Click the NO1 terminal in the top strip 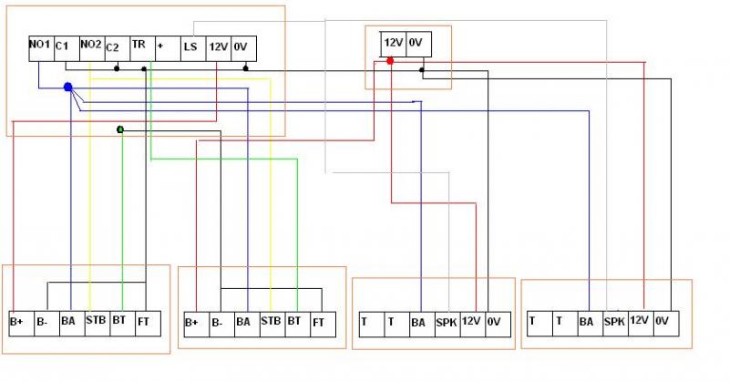39,46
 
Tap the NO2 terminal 90,46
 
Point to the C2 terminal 114,46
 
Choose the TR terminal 139,46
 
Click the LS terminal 190,46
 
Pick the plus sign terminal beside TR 162,46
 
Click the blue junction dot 67,88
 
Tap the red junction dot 390,61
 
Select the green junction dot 120,129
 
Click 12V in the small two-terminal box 393,43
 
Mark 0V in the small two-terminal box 415,43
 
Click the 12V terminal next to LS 219,46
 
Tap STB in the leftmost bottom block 96,320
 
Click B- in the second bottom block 217,321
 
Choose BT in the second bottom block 294,321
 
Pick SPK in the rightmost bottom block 614,321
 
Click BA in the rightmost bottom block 588,321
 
